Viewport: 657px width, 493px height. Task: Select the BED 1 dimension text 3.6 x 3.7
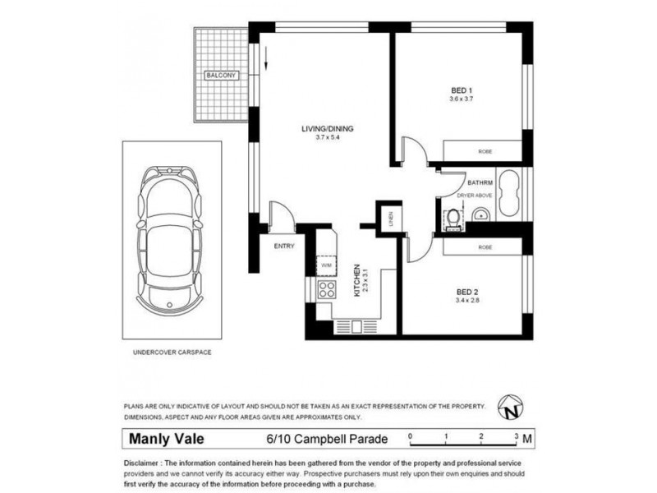tap(462, 99)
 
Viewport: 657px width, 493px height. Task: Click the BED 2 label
tap(466, 291)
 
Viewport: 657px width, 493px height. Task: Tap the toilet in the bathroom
tap(453, 218)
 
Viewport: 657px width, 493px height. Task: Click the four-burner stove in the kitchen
tap(325, 289)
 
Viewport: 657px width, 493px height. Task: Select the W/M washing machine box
tap(325, 265)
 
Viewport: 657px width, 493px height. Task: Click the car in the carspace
tap(171, 239)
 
